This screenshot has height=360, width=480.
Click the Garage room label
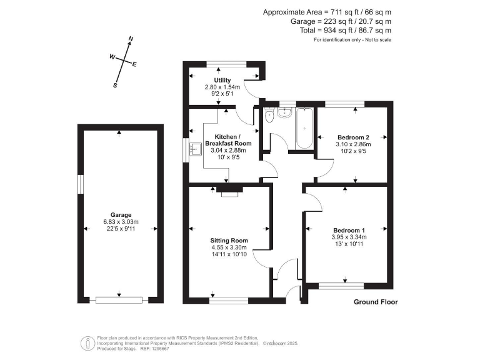(121, 215)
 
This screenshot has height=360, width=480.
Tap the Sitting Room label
(229, 241)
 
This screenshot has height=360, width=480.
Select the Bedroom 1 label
(348, 229)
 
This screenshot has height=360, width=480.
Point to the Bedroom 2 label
(353, 137)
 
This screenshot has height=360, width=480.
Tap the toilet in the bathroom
(269, 116)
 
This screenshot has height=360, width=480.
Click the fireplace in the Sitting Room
(229, 191)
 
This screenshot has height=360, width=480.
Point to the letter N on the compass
(131, 40)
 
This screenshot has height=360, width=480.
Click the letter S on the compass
(115, 86)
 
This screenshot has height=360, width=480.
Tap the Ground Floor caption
(376, 302)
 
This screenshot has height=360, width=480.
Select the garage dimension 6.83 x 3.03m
(121, 222)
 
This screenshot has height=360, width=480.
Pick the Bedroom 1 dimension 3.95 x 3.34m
(349, 237)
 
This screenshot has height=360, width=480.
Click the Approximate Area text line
(327, 12)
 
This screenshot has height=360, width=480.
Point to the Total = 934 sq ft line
(343, 30)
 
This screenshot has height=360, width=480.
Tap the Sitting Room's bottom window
(227, 300)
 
